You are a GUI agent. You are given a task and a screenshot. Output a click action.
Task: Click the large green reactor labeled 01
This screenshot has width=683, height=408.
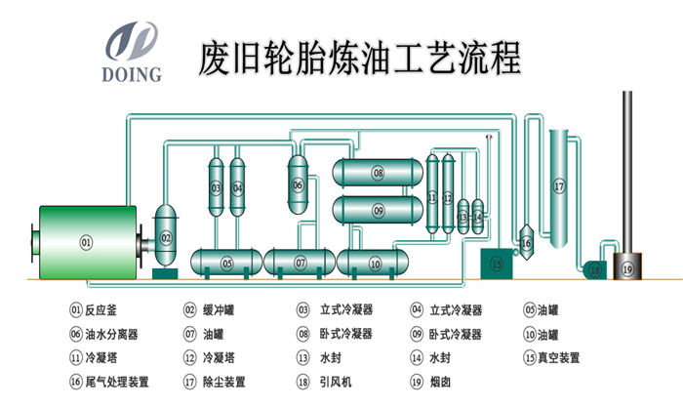tap(85, 241)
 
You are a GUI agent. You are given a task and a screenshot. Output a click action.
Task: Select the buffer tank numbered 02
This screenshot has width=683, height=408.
tap(166, 237)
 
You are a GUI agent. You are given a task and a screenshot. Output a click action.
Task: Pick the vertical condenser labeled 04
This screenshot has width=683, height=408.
tap(237, 186)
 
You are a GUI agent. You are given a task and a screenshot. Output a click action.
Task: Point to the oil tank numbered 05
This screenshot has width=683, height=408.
tap(226, 263)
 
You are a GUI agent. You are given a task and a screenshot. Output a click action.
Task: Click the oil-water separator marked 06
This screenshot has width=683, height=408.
tap(298, 184)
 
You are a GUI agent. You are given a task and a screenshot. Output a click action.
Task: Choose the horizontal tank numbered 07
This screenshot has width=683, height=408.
tap(301, 263)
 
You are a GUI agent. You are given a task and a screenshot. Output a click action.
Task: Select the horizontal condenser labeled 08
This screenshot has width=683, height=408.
tap(378, 173)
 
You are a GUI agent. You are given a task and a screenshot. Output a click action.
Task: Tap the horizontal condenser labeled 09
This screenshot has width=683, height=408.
tap(378, 209)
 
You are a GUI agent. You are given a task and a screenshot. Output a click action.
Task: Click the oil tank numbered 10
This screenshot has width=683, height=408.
tap(376, 263)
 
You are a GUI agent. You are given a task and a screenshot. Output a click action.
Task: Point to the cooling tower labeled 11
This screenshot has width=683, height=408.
tap(432, 196)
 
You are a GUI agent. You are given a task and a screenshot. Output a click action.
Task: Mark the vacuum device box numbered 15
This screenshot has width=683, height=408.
tap(497, 263)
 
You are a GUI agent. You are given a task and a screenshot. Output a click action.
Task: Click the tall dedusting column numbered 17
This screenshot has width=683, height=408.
tap(558, 185)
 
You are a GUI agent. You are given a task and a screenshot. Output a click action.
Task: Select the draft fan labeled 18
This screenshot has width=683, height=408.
tap(594, 266)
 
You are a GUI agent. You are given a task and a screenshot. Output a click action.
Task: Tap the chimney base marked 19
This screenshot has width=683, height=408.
tap(627, 266)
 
